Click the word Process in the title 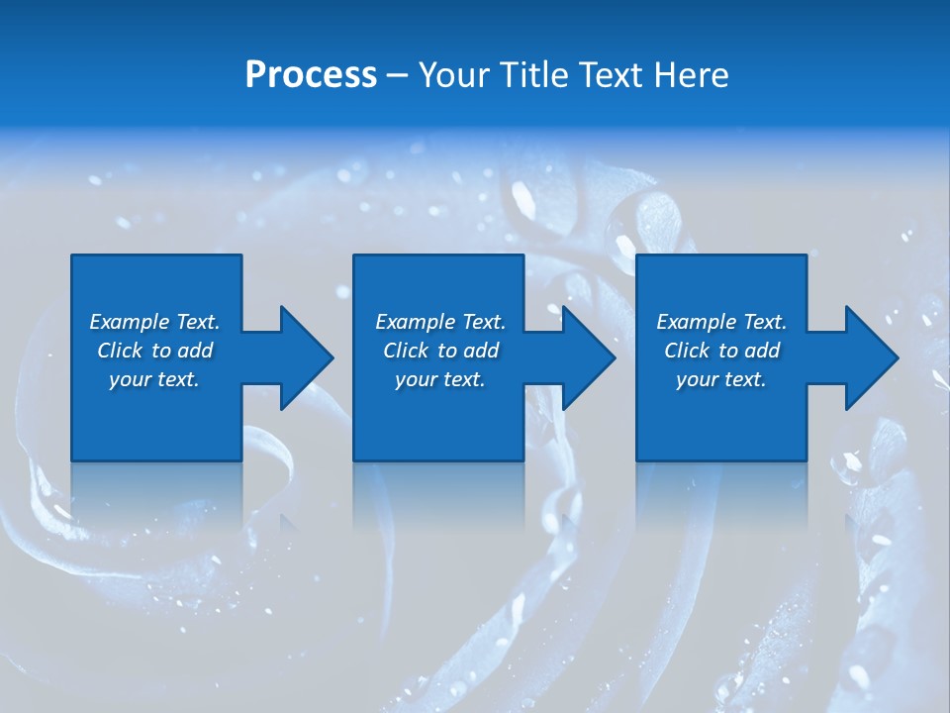point(311,75)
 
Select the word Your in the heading point(452,75)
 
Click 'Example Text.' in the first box point(154,322)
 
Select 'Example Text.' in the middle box point(440,322)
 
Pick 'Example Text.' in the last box point(721,322)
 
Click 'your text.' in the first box point(154,379)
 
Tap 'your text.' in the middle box point(440,379)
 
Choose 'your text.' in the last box point(721,379)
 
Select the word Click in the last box point(688,351)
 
